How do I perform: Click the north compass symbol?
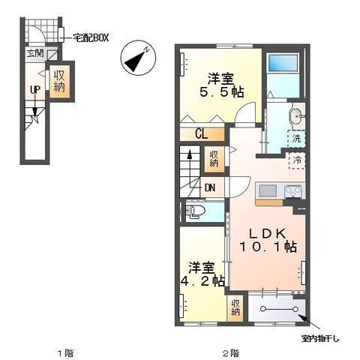pos(138,58)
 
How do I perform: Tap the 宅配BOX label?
pos(91,37)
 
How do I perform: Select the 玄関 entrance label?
pos(35,53)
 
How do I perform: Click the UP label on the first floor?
pos(35,89)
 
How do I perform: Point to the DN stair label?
pos(210,187)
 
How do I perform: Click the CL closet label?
pos(202,134)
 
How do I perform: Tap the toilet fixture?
pos(194,212)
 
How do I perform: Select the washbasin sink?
pos(296,117)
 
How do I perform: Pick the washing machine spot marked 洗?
pos(297,138)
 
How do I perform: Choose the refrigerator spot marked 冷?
pos(298,160)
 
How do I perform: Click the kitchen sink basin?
pos(268,191)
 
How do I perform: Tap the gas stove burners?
pos(294,191)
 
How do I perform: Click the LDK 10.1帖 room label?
pos(268,241)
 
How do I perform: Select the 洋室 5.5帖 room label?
pos(221,85)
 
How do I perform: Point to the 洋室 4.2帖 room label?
pos(202,274)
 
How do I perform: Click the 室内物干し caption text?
pos(320,339)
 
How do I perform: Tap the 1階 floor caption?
pos(66,353)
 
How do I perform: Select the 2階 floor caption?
pos(231,353)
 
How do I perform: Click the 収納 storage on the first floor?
pos(59,81)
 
